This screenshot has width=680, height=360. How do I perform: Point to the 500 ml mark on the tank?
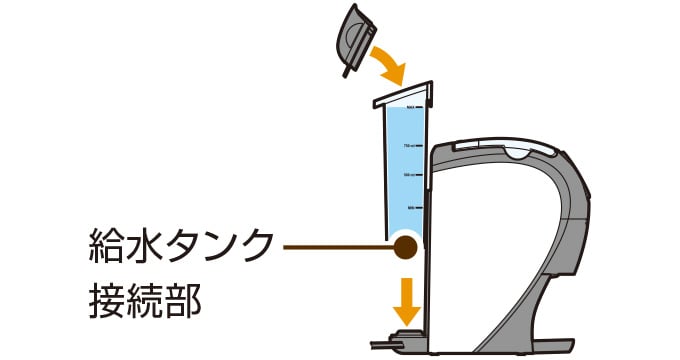tap(409, 175)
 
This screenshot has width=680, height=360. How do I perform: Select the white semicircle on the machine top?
tap(516, 153)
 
